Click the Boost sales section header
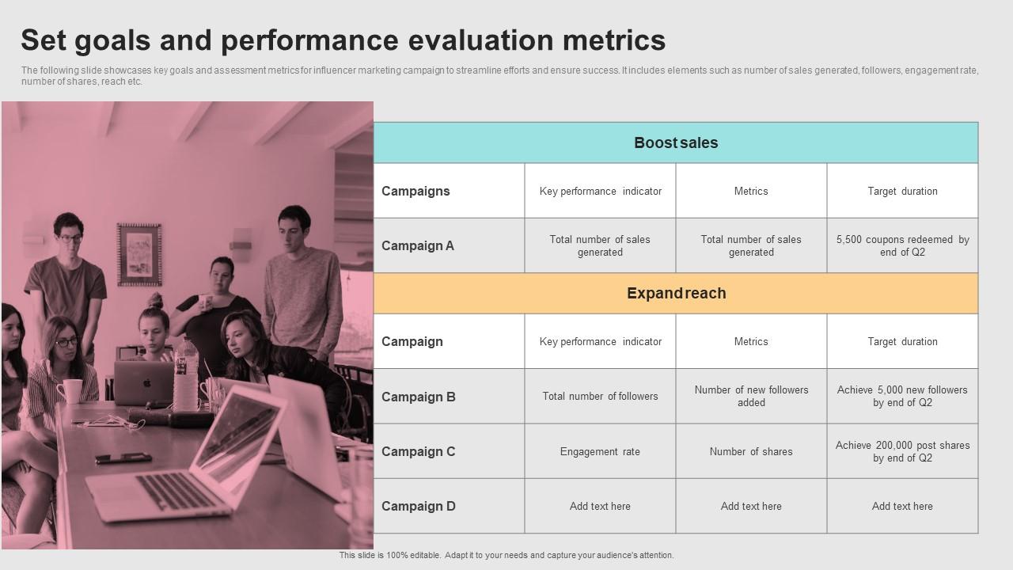click(x=676, y=143)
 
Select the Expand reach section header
click(x=676, y=294)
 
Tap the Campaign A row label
click(x=418, y=246)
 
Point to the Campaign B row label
click(x=419, y=397)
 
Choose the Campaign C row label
click(x=419, y=452)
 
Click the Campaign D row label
click(x=419, y=507)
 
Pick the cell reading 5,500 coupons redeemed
click(x=902, y=246)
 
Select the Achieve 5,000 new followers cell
click(x=902, y=397)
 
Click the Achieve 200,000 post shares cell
click(x=902, y=452)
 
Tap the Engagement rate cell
click(x=600, y=452)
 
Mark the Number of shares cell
click(x=751, y=452)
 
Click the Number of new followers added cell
click(x=751, y=397)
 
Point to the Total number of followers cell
click(x=600, y=397)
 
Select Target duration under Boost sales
click(x=902, y=192)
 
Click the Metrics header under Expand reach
click(x=751, y=342)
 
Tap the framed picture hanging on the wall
click(x=139, y=254)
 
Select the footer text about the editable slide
click(x=506, y=556)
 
